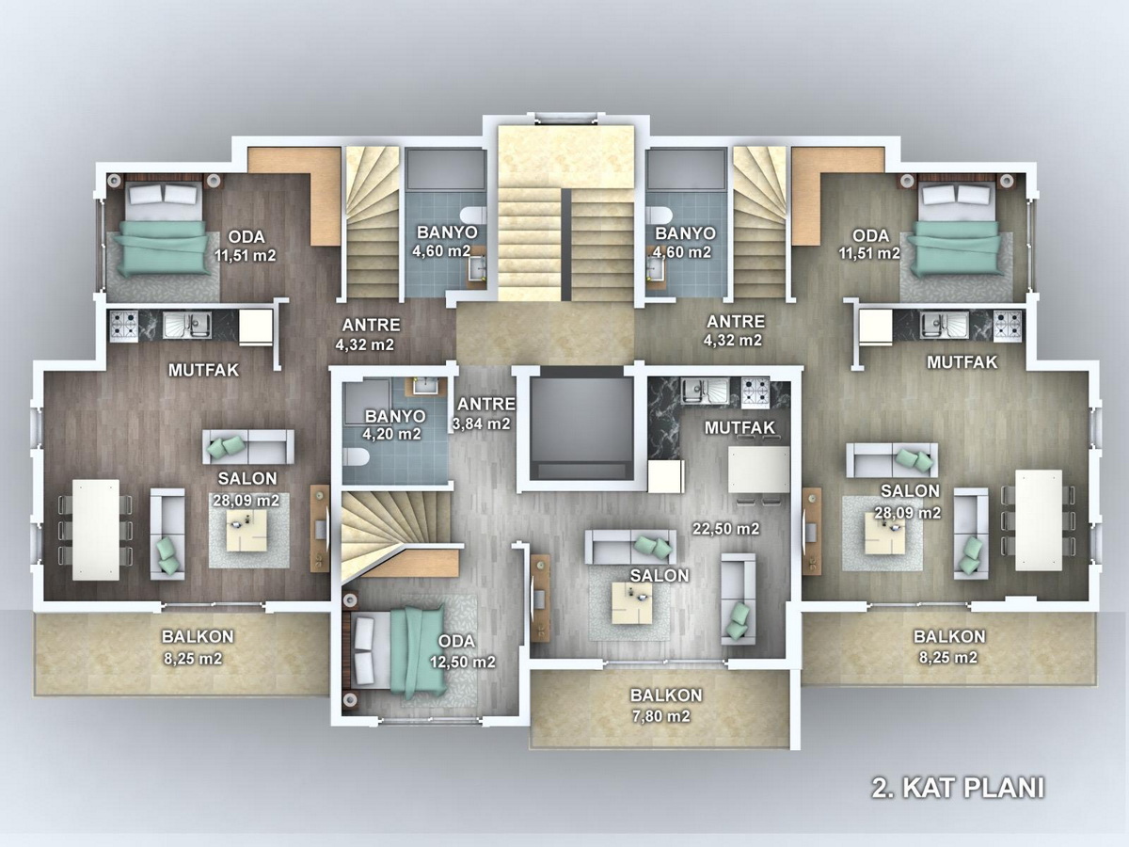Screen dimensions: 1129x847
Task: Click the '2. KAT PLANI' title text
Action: (958, 789)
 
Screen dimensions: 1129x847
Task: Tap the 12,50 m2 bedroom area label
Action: (463, 662)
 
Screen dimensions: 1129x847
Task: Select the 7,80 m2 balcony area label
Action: (661, 716)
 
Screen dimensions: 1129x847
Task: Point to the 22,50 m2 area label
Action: (725, 529)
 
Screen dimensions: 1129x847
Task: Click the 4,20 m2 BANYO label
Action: (392, 424)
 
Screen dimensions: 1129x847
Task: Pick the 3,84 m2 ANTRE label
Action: (483, 413)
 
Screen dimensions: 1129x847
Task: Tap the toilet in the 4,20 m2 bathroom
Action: (356, 456)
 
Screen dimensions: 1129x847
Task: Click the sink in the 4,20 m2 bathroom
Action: (426, 386)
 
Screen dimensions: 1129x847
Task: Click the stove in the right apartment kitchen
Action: (1008, 325)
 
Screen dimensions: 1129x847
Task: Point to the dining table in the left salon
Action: (96, 530)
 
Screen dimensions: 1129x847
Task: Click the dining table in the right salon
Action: (1039, 519)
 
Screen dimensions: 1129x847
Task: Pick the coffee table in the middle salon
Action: (632, 602)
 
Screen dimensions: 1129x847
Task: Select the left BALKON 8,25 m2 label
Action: (197, 647)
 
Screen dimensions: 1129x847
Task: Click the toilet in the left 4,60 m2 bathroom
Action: (473, 216)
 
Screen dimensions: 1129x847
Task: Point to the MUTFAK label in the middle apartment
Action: (739, 427)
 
